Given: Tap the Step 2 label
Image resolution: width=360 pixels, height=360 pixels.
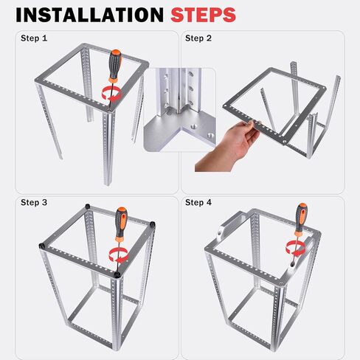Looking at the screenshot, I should [198, 38].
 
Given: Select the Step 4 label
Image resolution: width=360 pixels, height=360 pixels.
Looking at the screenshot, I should [198, 202].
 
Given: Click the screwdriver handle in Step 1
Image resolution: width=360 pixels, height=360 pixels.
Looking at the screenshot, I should [114, 65].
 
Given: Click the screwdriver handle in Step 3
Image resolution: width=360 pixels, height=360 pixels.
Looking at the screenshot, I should [120, 225].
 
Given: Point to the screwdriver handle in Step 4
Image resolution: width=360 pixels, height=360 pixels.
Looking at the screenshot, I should [300, 219].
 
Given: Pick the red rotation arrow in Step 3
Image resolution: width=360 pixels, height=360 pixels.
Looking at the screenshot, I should [117, 255].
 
